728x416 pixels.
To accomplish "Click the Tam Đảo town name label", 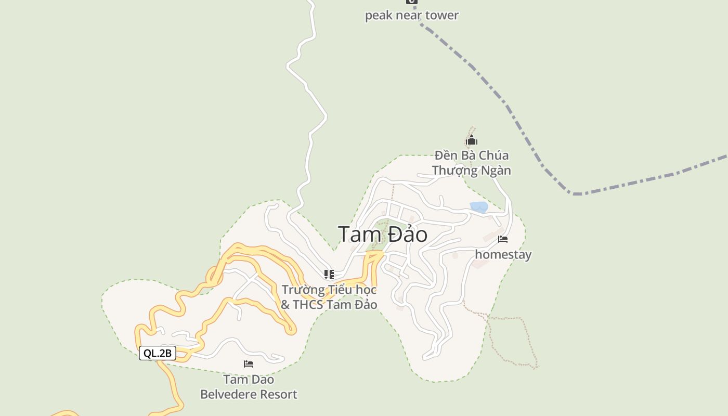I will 383,235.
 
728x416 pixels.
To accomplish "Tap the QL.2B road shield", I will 158,354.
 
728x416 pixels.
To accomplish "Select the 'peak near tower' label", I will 411,15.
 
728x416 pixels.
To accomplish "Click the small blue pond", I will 479,207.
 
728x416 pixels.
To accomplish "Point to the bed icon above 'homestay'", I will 503,239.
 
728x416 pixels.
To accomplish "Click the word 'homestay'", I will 503,254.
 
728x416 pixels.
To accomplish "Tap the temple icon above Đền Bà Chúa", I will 472,140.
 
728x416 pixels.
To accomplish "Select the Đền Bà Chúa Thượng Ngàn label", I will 472,163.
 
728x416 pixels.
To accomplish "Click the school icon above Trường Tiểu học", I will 329,274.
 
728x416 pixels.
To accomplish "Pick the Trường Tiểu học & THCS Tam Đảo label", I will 329,297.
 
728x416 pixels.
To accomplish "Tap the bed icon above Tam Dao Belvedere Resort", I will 249,364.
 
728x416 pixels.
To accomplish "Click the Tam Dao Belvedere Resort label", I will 249,387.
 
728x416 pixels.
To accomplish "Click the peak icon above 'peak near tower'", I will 411,2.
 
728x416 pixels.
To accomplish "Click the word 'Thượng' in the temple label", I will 454,171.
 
